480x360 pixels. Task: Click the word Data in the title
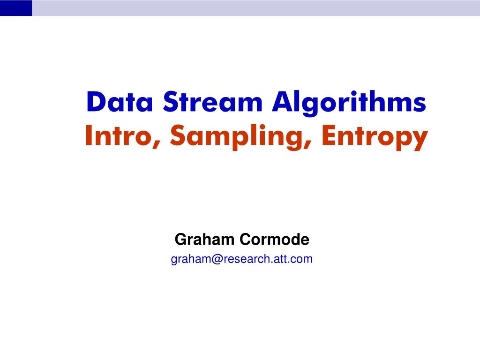[x=120, y=102]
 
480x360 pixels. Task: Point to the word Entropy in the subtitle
[x=375, y=137]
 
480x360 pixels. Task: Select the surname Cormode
[x=275, y=240]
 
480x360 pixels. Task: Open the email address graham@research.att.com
[x=241, y=259]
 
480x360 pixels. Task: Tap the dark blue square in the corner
[x=16, y=8]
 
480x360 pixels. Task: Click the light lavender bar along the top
[x=255, y=8]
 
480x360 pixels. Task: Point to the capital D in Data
[x=95, y=102]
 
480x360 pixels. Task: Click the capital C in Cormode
[x=245, y=240]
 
